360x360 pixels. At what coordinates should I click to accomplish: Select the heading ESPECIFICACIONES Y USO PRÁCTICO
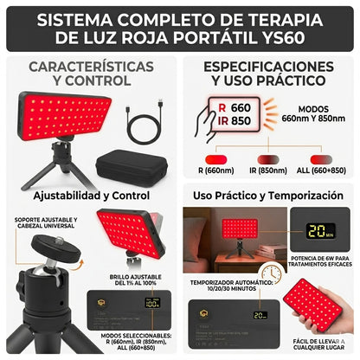coord(268,74)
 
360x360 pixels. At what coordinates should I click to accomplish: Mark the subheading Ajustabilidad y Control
coord(91,196)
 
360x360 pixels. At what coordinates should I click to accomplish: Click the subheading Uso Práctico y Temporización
coord(267,196)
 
